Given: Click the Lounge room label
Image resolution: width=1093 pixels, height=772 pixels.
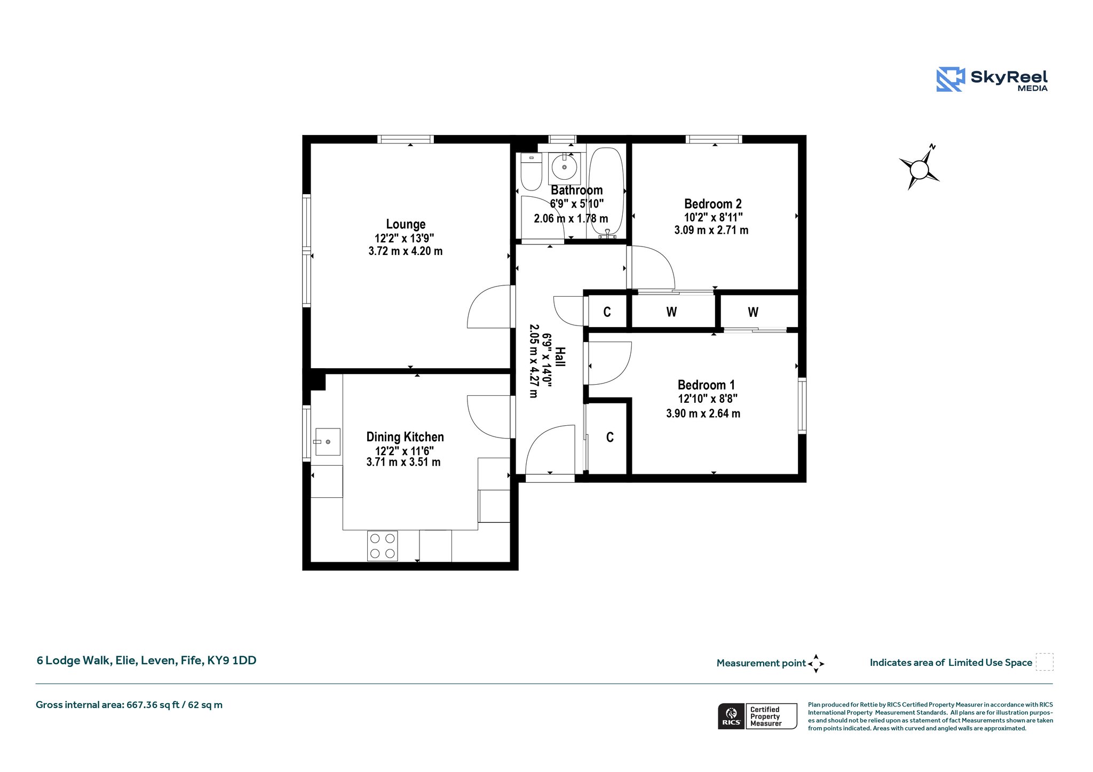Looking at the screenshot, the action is pyautogui.click(x=406, y=224).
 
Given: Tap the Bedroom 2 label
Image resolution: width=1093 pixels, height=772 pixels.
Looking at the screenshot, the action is pyautogui.click(x=712, y=204).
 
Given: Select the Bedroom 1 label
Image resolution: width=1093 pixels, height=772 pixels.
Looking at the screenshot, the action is pyautogui.click(x=706, y=385).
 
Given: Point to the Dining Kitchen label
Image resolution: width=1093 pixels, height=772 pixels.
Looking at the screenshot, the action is pyautogui.click(x=405, y=437).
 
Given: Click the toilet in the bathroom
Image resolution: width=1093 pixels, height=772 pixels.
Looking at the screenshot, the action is pyautogui.click(x=531, y=171).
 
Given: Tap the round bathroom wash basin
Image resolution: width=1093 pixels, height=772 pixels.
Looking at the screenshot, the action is pyautogui.click(x=564, y=168).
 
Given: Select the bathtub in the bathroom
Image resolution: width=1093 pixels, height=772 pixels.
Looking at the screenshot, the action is pyautogui.click(x=606, y=193).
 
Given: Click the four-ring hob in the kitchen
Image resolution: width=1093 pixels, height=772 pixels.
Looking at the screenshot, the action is pyautogui.click(x=382, y=546).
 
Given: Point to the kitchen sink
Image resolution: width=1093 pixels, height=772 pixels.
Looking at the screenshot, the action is pyautogui.click(x=328, y=442).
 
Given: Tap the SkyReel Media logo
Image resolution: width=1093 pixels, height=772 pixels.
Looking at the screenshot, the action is pyautogui.click(x=992, y=79).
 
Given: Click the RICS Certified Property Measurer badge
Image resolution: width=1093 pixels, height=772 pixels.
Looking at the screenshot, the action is pyautogui.click(x=757, y=716).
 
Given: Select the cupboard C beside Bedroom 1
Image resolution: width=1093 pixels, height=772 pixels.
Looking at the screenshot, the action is pyautogui.click(x=610, y=437).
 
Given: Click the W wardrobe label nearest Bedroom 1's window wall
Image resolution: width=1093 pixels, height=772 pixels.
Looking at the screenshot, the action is pyautogui.click(x=753, y=312).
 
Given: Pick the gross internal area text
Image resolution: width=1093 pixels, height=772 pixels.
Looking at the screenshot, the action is pyautogui.click(x=129, y=705).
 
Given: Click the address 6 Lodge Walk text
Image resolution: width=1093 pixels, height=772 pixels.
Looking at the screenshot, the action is pyautogui.click(x=146, y=660).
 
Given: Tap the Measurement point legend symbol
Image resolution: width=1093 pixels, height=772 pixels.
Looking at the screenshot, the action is pyautogui.click(x=816, y=664).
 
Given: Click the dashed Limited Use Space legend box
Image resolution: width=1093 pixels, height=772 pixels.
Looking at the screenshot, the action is pyautogui.click(x=1044, y=662).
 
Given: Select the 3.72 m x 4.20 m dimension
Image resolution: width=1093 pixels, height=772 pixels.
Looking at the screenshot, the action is pyautogui.click(x=406, y=251).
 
